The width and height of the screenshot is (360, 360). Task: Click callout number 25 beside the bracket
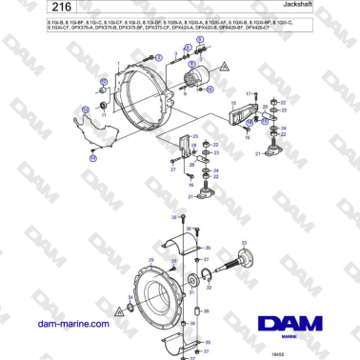[x=195, y=135]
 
